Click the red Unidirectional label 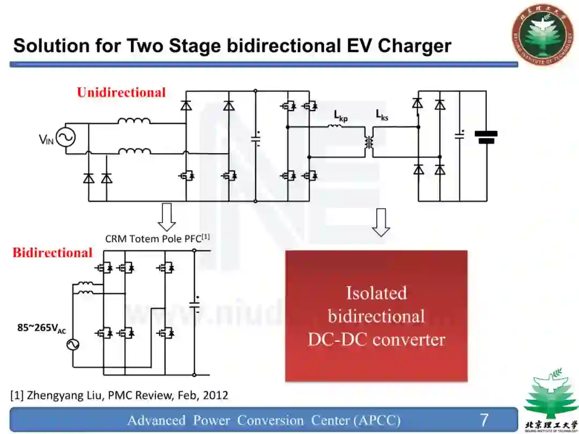pyautogui.click(x=121, y=93)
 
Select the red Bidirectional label pyautogui.click(x=53, y=253)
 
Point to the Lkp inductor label pyautogui.click(x=340, y=116)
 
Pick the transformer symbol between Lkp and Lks pyautogui.click(x=369, y=142)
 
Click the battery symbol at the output pyautogui.click(x=486, y=137)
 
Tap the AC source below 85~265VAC pyautogui.click(x=73, y=345)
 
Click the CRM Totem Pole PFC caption pyautogui.click(x=157, y=238)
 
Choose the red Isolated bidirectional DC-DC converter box pyautogui.click(x=376, y=316)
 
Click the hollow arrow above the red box pyautogui.click(x=381, y=222)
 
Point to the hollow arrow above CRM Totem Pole pyautogui.click(x=167, y=216)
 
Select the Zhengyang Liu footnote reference pyautogui.click(x=119, y=396)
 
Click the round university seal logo pyautogui.click(x=541, y=33)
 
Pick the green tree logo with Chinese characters pyautogui.click(x=544, y=400)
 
